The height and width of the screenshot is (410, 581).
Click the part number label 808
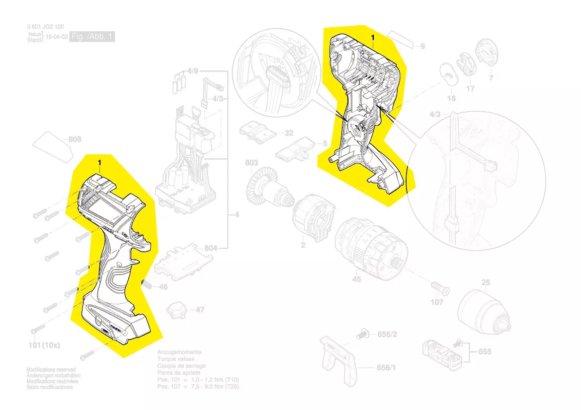coord(75,139)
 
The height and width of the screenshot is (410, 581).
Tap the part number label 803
coord(252,163)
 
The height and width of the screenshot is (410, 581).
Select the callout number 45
coord(356,280)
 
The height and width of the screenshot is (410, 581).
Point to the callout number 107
coord(437,302)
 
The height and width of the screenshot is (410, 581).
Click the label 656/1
coord(387,368)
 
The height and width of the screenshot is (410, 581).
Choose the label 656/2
coord(387,335)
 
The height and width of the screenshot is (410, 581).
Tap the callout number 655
coord(485,351)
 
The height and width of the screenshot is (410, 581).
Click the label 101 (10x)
coord(44,345)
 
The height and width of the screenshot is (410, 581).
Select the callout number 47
coord(199,310)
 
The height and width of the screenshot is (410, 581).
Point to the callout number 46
coord(163,287)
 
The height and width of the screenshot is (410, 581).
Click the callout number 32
coord(289,133)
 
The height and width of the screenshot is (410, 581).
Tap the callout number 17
coord(470,89)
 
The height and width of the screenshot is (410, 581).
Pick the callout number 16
coord(451,99)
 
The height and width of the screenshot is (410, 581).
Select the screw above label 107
coord(439,287)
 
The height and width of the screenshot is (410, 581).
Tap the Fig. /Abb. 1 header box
coord(92,37)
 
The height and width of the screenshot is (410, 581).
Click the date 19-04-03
coord(57,37)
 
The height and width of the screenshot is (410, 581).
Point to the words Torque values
coord(176,359)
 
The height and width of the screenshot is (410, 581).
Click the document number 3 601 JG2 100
coord(46,27)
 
